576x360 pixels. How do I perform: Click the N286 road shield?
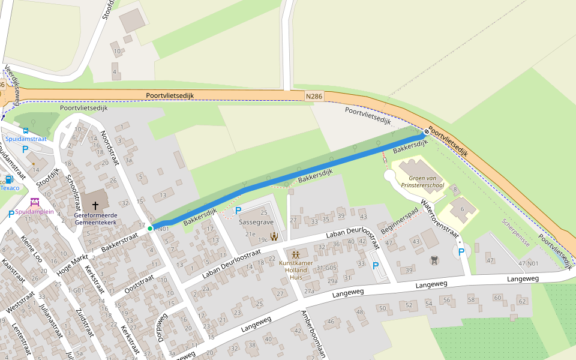314,96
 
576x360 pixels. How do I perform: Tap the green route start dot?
150,229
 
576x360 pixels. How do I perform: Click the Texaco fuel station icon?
9,179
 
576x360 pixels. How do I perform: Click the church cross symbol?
95,205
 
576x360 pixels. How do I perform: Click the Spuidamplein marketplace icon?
34,202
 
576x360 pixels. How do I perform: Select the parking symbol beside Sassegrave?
238,211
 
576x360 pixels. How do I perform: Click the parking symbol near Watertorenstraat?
461,252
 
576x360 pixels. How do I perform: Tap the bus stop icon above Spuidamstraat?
26,130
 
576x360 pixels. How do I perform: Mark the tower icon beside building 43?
433,260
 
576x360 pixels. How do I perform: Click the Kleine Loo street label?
30,249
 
